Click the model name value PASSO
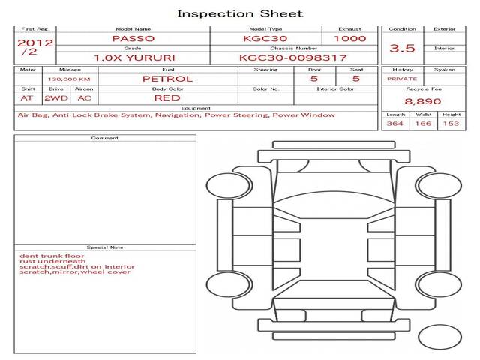(133, 38)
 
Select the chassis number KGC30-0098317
(293, 58)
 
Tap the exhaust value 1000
(350, 38)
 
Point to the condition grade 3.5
(402, 48)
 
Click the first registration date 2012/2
(35, 47)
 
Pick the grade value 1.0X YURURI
(134, 58)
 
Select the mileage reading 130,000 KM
(69, 79)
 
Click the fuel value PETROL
(168, 79)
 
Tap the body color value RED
(167, 98)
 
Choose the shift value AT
(27, 98)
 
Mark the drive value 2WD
(56, 98)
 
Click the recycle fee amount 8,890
(423, 101)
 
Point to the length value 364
(395, 124)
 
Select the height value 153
(451, 124)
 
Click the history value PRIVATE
(402, 79)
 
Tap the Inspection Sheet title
(240, 13)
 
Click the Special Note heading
(105, 247)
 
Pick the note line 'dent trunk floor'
(52, 256)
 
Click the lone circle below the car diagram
(439, 337)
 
